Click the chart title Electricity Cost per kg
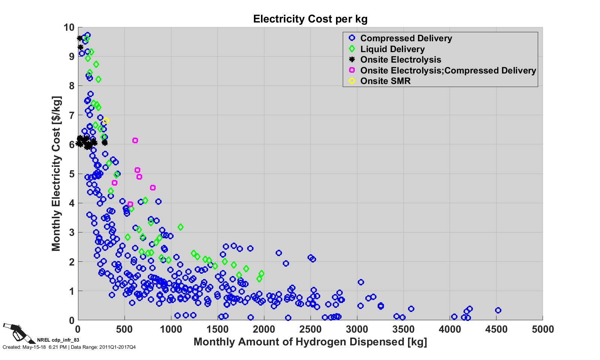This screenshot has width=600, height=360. [310, 19]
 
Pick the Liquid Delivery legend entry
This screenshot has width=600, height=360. [392, 49]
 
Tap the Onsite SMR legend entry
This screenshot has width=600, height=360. [385, 81]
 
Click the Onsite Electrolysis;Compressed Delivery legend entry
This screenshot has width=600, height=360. [448, 70]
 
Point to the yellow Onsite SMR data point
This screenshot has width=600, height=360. [106, 121]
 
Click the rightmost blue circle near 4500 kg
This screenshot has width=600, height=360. [498, 310]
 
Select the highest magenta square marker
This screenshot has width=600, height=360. [135, 140]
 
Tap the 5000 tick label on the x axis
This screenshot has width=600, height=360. [542, 329]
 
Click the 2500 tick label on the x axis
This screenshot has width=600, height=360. [310, 329]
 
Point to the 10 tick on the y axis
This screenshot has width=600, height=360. [69, 27]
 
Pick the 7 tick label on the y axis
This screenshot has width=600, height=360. [71, 115]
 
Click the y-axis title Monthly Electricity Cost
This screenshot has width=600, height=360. [56, 174]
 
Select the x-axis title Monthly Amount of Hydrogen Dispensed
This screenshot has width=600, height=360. [310, 342]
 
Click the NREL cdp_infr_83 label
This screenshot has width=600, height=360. [58, 340]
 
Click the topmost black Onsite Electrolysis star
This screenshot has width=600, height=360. [79, 38]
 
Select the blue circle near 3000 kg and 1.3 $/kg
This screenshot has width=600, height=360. [361, 282]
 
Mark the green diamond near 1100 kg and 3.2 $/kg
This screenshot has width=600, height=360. [180, 227]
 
